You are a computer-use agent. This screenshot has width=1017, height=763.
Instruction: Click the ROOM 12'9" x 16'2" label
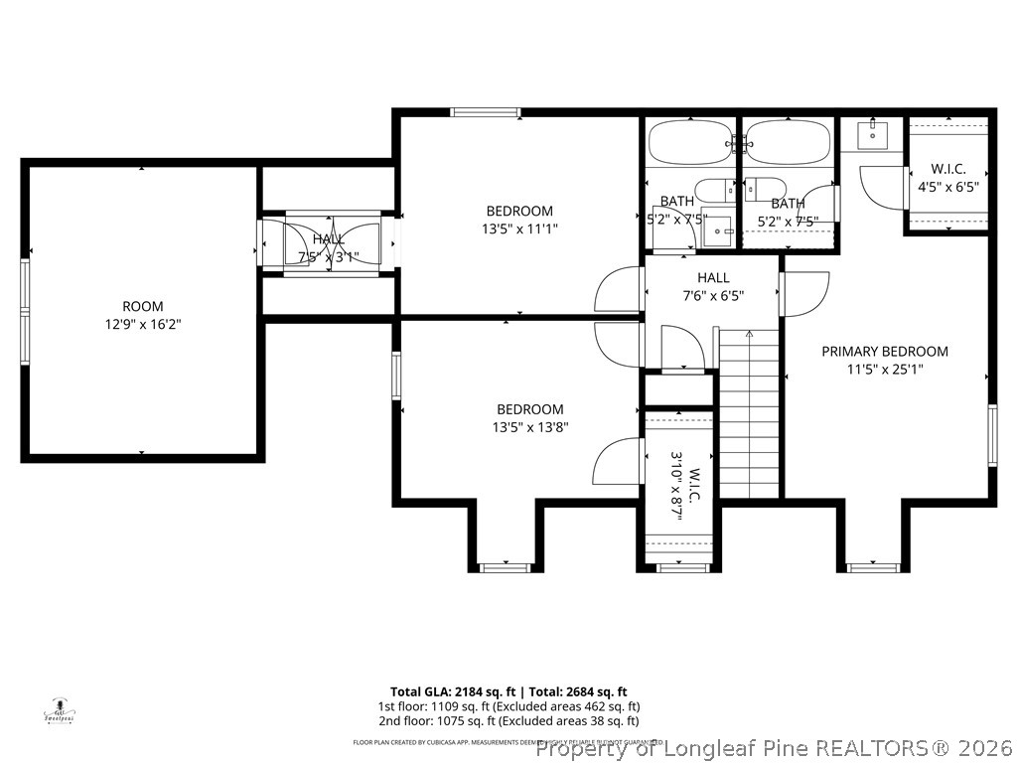click(x=143, y=315)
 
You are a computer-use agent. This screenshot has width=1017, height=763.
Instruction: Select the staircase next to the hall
click(x=749, y=413)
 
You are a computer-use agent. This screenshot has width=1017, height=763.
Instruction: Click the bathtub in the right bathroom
click(x=788, y=142)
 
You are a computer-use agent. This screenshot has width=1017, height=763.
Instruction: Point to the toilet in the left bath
click(x=711, y=190)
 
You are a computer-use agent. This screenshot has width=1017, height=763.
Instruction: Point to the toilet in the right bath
click(x=765, y=190)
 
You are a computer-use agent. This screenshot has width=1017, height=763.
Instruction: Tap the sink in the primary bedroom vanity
click(x=871, y=133)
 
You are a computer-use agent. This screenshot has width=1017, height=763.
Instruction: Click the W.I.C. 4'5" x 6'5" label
click(x=948, y=178)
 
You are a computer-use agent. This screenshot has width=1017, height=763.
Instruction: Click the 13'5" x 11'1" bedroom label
click(x=518, y=220)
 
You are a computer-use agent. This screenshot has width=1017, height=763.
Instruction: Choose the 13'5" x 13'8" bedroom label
click(x=530, y=418)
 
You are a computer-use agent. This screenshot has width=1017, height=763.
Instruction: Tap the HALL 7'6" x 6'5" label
click(x=712, y=286)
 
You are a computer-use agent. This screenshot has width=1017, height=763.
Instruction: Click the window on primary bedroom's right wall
click(x=991, y=435)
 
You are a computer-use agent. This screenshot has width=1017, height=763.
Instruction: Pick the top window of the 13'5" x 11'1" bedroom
click(x=485, y=112)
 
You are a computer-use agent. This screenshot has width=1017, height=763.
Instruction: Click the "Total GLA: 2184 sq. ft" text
click(x=451, y=691)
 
